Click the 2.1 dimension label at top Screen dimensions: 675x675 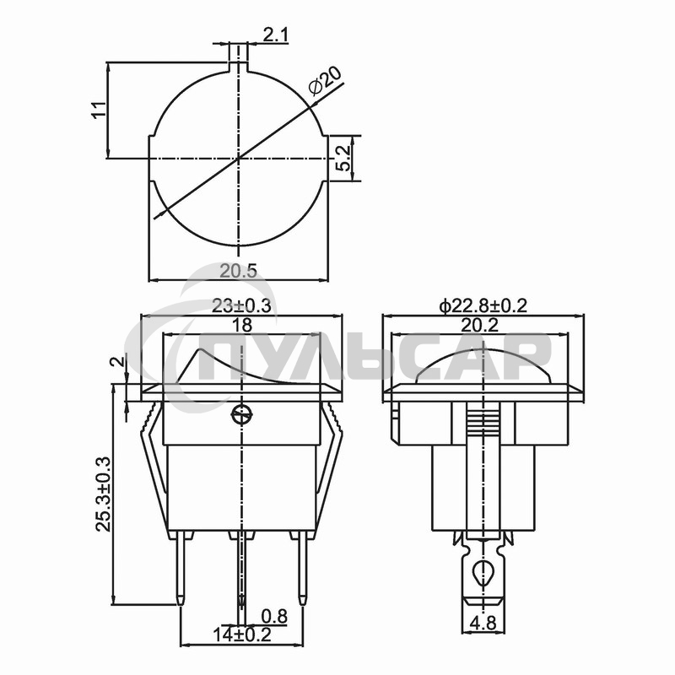(x=277, y=35)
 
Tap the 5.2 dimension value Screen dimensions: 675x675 (x=343, y=157)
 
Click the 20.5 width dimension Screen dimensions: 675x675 (x=238, y=271)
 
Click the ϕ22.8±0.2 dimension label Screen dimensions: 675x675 (x=483, y=306)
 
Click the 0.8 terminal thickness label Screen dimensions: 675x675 (x=274, y=617)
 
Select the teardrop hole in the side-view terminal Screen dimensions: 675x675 (x=483, y=573)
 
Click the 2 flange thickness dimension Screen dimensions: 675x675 (x=119, y=362)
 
